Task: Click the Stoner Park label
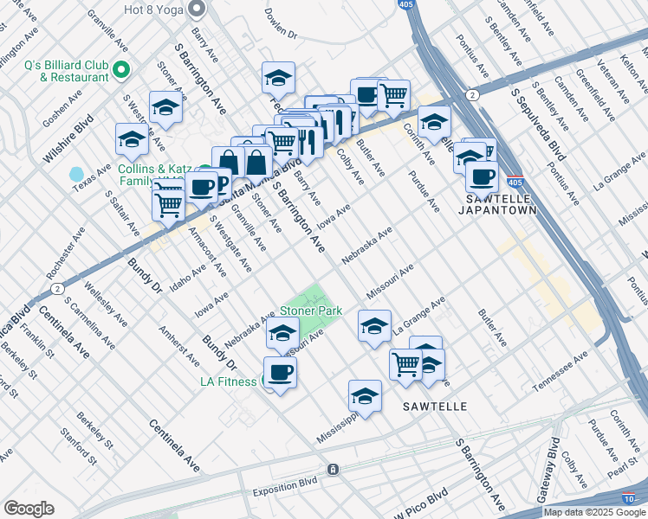pos(310,311)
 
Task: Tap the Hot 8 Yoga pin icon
pos(197,10)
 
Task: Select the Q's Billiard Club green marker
pos(122,69)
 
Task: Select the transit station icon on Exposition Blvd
pos(332,469)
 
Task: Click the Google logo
pos(29,509)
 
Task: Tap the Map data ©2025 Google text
pos(593,512)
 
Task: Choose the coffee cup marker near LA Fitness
pos(280,373)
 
